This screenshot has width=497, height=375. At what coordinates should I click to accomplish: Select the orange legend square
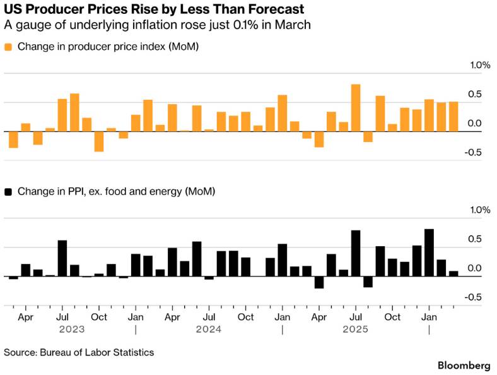(x=8, y=47)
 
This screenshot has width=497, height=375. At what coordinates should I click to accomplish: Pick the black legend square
(x=8, y=191)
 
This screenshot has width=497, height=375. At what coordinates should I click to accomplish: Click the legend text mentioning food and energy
(x=116, y=191)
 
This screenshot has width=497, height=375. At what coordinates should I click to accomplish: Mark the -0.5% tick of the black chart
(x=478, y=297)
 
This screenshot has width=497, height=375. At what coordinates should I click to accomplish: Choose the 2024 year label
(x=208, y=330)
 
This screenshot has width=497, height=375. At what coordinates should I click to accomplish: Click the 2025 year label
(x=355, y=330)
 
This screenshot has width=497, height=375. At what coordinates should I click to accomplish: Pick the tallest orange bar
(x=356, y=108)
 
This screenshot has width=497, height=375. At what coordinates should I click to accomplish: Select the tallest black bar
(x=429, y=253)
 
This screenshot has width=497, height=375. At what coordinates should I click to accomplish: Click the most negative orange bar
(x=99, y=141)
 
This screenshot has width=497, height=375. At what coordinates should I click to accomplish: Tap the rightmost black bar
(x=453, y=274)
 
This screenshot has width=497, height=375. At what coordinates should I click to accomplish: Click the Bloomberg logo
(x=464, y=366)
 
